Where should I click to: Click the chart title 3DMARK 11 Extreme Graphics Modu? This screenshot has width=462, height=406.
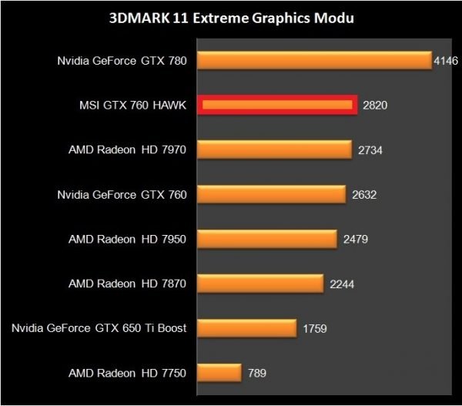(x=231, y=18)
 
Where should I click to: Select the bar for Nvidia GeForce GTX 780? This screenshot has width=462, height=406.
(x=314, y=60)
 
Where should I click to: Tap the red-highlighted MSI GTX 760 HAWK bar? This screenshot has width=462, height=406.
(x=276, y=105)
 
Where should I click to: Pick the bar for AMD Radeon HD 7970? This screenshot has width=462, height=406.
(x=275, y=149)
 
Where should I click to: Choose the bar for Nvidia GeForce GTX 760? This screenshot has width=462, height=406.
(x=272, y=194)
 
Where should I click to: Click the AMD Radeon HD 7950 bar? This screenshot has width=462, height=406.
(x=267, y=239)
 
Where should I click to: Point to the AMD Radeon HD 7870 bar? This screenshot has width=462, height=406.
(x=260, y=284)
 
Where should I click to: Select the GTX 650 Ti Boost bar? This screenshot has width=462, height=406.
(x=247, y=328)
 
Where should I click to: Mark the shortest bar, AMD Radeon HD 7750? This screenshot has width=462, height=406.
(x=220, y=373)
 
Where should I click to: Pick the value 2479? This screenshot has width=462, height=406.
(x=356, y=239)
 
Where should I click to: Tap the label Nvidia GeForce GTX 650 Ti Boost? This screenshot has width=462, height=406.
(x=99, y=328)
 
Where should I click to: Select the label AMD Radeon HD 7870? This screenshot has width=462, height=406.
(x=127, y=284)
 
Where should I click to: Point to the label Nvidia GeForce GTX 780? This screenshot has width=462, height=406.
(x=122, y=60)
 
